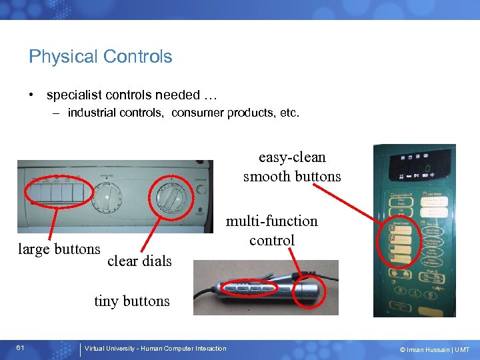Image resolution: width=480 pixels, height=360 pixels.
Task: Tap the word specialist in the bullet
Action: pos(74,95)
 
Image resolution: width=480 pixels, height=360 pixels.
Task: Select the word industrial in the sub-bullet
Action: pos(93,113)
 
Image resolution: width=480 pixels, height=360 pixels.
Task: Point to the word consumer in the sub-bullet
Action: pos(198,113)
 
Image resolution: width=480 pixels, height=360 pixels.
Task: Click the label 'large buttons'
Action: pos(59,249)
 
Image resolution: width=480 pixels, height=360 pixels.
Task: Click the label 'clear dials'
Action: pos(139,261)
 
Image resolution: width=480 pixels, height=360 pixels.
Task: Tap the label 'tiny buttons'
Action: pos(132,301)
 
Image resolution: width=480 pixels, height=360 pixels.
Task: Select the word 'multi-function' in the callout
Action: pos(272,221)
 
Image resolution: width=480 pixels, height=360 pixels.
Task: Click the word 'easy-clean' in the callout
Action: pos(292,157)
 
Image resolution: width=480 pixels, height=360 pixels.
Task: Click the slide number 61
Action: pos(21,349)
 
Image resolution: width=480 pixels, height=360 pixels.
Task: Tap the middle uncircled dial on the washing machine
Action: pos(107,197)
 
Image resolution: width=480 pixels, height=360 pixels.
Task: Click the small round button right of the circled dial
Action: pos(201,189)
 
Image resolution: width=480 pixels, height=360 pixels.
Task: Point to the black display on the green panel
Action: pos(413,166)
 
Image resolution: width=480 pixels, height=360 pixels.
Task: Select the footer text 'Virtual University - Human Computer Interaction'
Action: pos(155,349)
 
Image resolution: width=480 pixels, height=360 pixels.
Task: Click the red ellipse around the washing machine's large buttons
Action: pos(55,193)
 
